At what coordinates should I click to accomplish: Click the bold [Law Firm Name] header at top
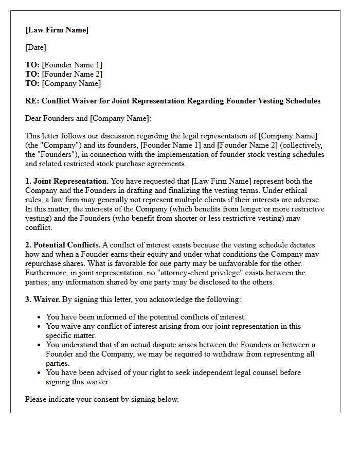pos(57,30)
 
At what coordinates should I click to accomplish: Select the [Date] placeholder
pos(35,47)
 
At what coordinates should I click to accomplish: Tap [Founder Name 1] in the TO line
pos(72,65)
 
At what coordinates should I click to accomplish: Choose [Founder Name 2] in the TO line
pos(72,74)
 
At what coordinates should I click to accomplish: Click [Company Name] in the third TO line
pos(71,83)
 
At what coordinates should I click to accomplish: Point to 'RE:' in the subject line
pos(32,101)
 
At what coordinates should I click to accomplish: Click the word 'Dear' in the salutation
pos(34,118)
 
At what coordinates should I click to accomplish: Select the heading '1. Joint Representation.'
pos(67,181)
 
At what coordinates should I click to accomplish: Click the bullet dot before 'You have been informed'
pos(40,317)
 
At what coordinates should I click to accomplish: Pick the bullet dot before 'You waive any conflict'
pos(40,327)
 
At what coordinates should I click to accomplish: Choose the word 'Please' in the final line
pos(37,399)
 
